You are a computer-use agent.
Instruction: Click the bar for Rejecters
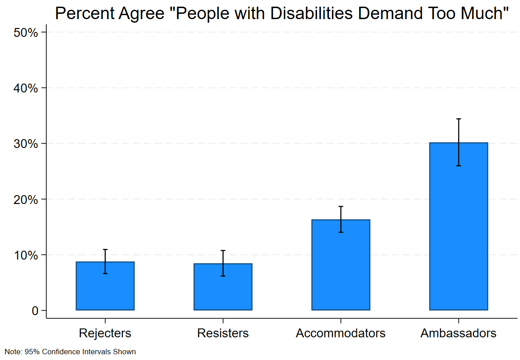[105, 289]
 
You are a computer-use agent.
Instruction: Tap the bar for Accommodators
[340, 267]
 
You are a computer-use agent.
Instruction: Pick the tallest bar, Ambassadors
[458, 231]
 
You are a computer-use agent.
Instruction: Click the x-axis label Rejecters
[105, 333]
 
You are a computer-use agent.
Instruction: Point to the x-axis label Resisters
[223, 333]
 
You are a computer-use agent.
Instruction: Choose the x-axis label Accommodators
[340, 333]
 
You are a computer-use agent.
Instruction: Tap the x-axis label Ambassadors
[458, 333]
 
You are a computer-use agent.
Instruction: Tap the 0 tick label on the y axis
[35, 311]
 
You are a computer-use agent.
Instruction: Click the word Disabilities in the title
[312, 14]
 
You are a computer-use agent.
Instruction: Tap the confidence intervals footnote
[70, 352]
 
